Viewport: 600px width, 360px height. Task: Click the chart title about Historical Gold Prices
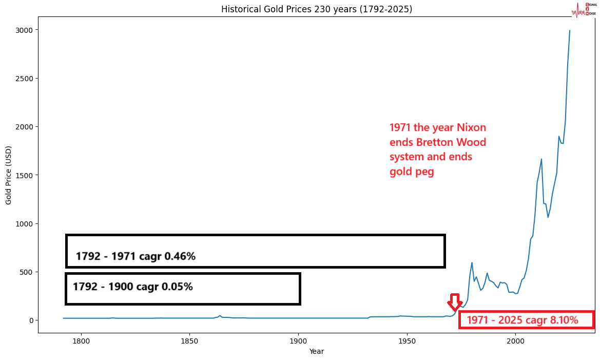pyautogui.click(x=316, y=9)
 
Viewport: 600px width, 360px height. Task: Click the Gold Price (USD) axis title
pyautogui.click(x=9, y=175)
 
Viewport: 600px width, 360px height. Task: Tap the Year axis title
pyautogui.click(x=316, y=351)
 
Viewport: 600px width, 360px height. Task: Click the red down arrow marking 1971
pyautogui.click(x=455, y=302)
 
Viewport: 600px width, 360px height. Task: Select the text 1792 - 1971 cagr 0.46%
pyautogui.click(x=136, y=256)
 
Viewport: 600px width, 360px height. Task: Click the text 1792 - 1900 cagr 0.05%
pyautogui.click(x=132, y=287)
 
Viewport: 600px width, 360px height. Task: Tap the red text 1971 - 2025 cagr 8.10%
pyautogui.click(x=522, y=320)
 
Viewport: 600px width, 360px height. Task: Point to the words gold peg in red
pyautogui.click(x=412, y=172)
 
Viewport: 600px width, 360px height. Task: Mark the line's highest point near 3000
pyautogui.click(x=569, y=31)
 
